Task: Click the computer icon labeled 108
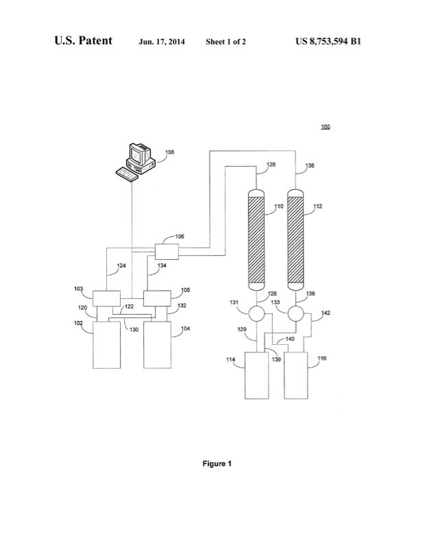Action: (136, 162)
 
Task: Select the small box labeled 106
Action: (167, 251)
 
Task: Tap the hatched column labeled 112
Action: (296, 240)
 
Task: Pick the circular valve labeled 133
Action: (296, 314)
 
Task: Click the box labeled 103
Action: (106, 299)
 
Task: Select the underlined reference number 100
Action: (325, 127)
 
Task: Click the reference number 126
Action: (271, 165)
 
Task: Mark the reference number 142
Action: (325, 313)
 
